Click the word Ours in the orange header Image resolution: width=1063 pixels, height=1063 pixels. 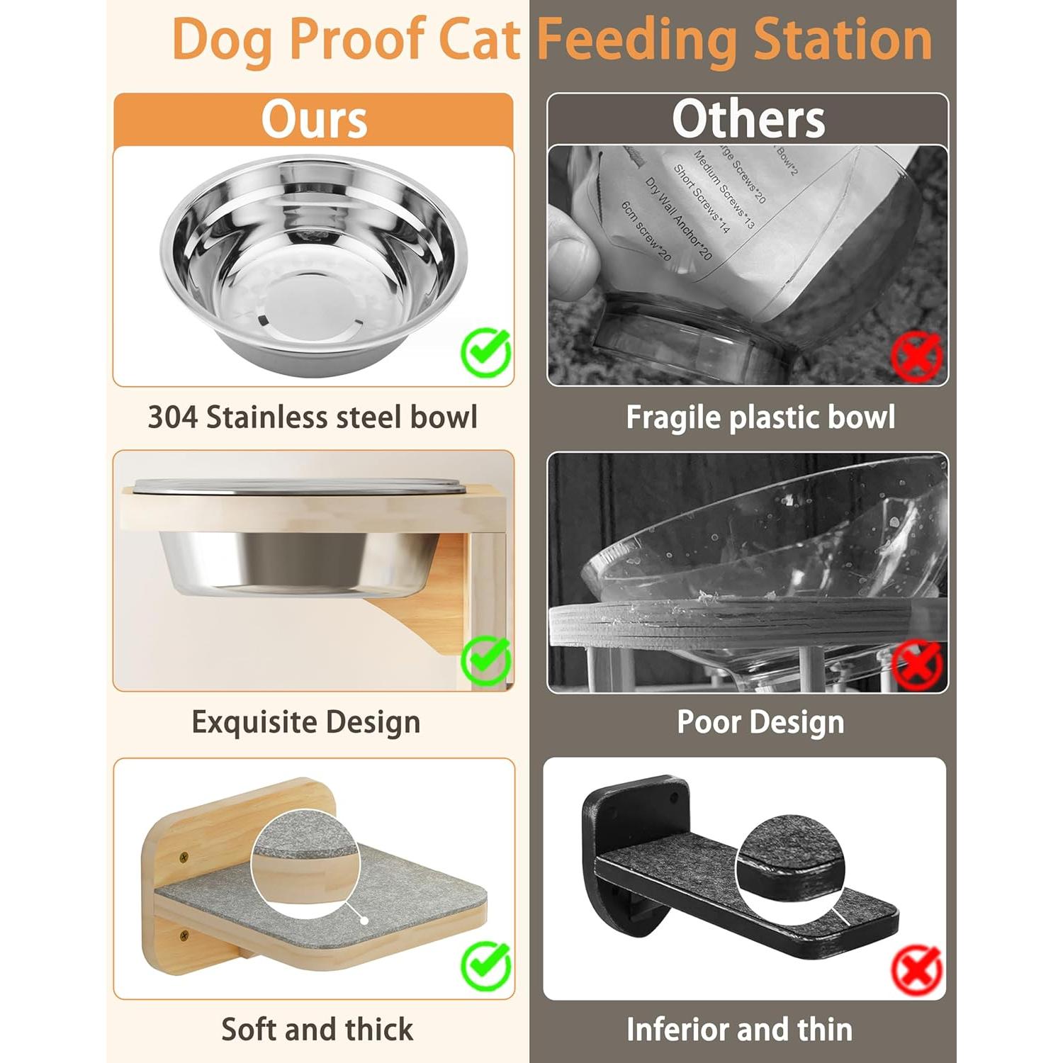tap(314, 119)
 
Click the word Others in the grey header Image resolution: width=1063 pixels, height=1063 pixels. tap(748, 119)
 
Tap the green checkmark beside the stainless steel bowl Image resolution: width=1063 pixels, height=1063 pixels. tap(486, 351)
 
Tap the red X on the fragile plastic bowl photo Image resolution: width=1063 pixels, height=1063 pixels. tap(916, 356)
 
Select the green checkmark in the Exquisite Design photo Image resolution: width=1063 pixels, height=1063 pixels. tap(486, 659)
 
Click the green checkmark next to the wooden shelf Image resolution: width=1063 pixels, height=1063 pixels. tap(486, 964)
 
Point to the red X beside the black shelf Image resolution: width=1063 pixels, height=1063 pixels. tap(917, 970)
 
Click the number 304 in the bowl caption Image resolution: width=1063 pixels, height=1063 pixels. tap(172, 417)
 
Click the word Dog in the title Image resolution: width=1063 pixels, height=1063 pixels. tap(223, 40)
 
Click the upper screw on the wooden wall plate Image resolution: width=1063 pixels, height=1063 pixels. tap(185, 857)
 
